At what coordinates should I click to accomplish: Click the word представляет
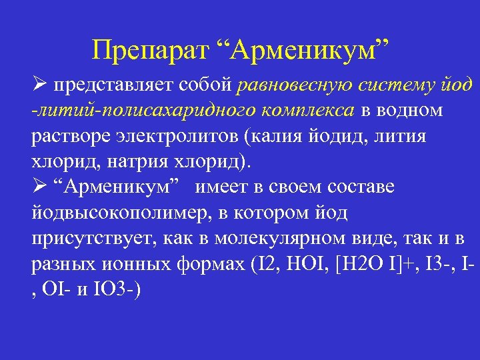(x=142, y=86)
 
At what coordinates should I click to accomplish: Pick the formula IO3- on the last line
(x=118, y=289)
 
